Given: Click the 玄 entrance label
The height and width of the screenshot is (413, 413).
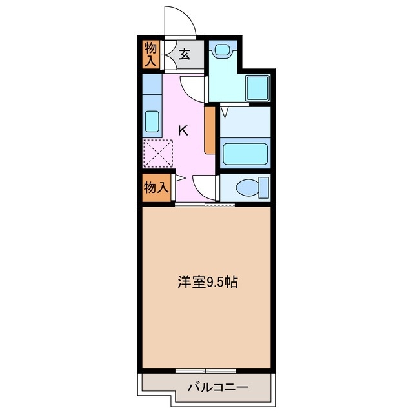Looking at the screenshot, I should pyautogui.click(x=184, y=54).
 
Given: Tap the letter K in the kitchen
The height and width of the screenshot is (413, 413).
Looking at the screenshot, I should pyautogui.click(x=183, y=130).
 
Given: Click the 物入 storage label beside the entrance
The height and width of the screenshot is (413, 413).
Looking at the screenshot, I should pyautogui.click(x=151, y=54).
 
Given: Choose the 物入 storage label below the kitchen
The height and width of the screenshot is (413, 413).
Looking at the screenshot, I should pyautogui.click(x=156, y=188).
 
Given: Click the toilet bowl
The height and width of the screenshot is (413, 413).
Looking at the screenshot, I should pyautogui.click(x=247, y=188).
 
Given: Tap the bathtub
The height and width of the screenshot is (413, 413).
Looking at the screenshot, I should pyautogui.click(x=245, y=155).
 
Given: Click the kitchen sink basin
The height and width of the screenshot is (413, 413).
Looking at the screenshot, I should pyautogui.click(x=152, y=121).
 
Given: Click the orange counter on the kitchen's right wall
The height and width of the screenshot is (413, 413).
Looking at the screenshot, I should pyautogui.click(x=209, y=130).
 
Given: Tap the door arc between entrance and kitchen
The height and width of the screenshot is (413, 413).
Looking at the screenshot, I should pyautogui.click(x=192, y=87).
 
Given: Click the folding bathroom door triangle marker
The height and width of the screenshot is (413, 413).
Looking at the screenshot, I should pyautogui.click(x=224, y=112).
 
